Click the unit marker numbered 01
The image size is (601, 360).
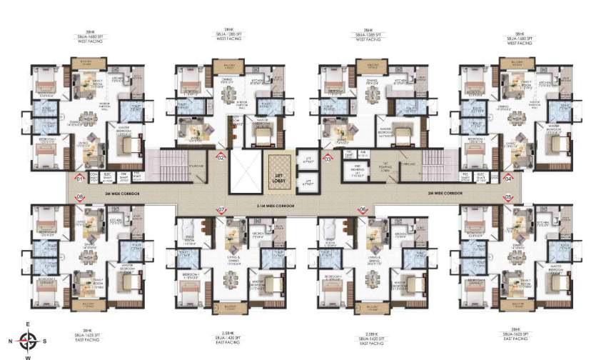coord(80,179)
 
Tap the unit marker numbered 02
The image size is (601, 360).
coord(221,158)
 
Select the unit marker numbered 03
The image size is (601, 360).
coord(328,159)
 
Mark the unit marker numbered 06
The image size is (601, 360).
coord(363,209)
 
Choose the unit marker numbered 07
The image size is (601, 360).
coord(222,209)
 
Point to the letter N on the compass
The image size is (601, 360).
coord(11,340)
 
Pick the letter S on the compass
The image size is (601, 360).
coord(43,340)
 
